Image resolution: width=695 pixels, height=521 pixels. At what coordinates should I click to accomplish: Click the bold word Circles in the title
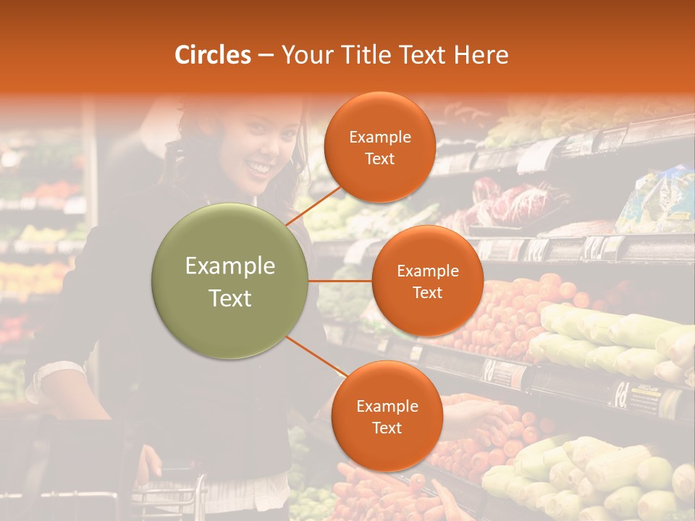213,55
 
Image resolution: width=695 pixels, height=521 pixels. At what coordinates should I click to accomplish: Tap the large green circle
230,281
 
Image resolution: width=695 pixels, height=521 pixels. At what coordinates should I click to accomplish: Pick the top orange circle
379,148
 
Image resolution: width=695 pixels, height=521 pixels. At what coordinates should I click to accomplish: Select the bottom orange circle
387,417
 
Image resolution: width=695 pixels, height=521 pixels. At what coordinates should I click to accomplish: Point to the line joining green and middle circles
340,281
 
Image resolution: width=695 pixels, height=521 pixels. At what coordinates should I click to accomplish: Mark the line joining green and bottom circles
316,357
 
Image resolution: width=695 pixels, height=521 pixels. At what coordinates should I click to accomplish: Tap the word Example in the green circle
230,266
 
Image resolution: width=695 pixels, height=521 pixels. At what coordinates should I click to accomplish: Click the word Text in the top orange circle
379,158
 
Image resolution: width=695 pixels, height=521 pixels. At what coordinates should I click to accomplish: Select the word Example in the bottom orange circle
387,407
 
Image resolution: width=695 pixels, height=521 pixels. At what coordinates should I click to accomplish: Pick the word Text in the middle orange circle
427,292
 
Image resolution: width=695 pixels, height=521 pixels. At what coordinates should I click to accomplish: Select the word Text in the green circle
230,298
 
